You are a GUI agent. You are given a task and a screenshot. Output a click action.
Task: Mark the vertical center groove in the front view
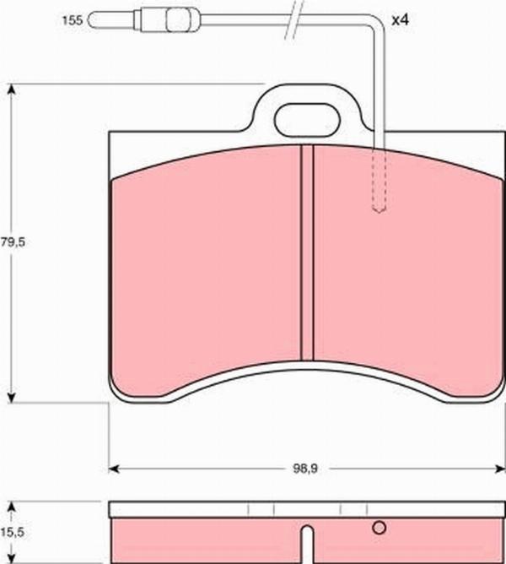307,253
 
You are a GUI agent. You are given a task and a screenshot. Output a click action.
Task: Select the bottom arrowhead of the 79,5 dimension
11,396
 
